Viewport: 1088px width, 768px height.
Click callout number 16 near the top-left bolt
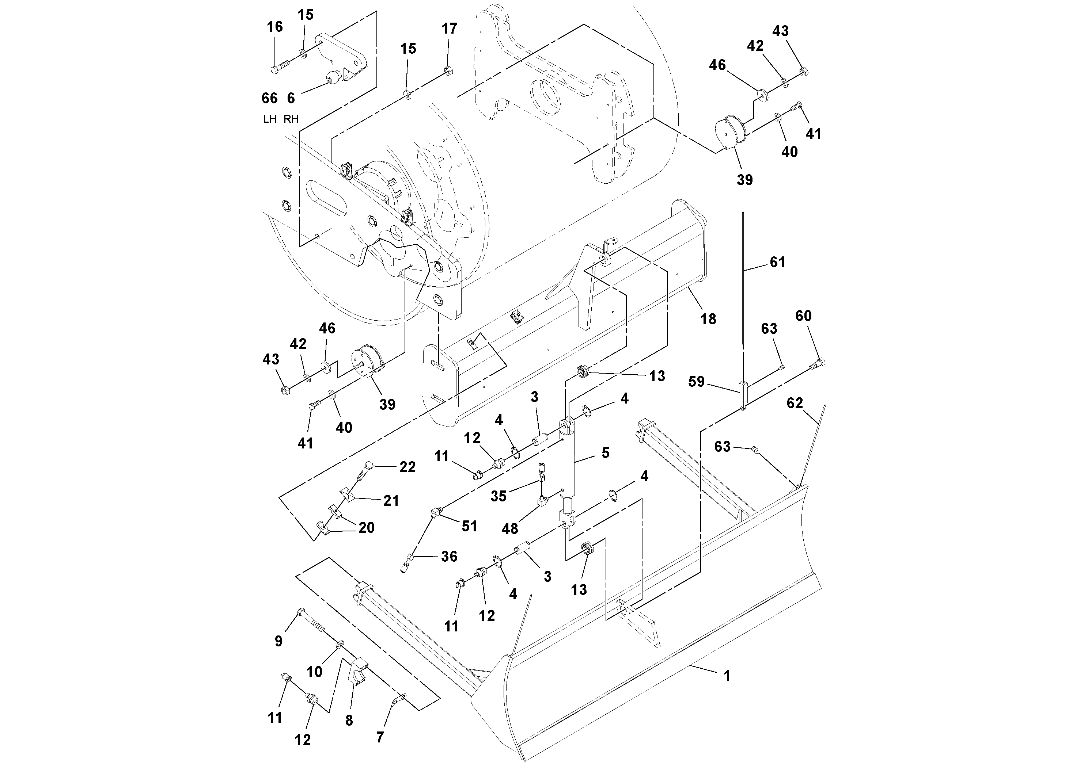[x=275, y=27]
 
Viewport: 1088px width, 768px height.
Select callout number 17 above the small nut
[x=449, y=29]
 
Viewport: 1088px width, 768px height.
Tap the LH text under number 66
[x=270, y=119]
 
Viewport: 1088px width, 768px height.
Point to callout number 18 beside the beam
[x=708, y=319]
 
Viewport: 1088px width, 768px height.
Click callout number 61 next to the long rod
[x=777, y=262]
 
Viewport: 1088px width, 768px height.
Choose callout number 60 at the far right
[x=803, y=316]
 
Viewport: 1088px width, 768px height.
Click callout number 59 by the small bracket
[x=696, y=382]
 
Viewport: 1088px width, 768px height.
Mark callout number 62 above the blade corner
[x=795, y=403]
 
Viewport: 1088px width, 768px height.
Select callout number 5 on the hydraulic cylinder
[x=605, y=452]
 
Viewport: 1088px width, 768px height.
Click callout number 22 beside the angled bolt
[x=407, y=467]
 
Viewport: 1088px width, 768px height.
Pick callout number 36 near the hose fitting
[x=449, y=556]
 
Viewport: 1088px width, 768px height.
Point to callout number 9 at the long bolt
[x=278, y=641]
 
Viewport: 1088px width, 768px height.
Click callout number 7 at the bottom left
[x=380, y=737]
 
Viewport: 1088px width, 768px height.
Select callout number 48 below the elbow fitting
[x=510, y=528]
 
